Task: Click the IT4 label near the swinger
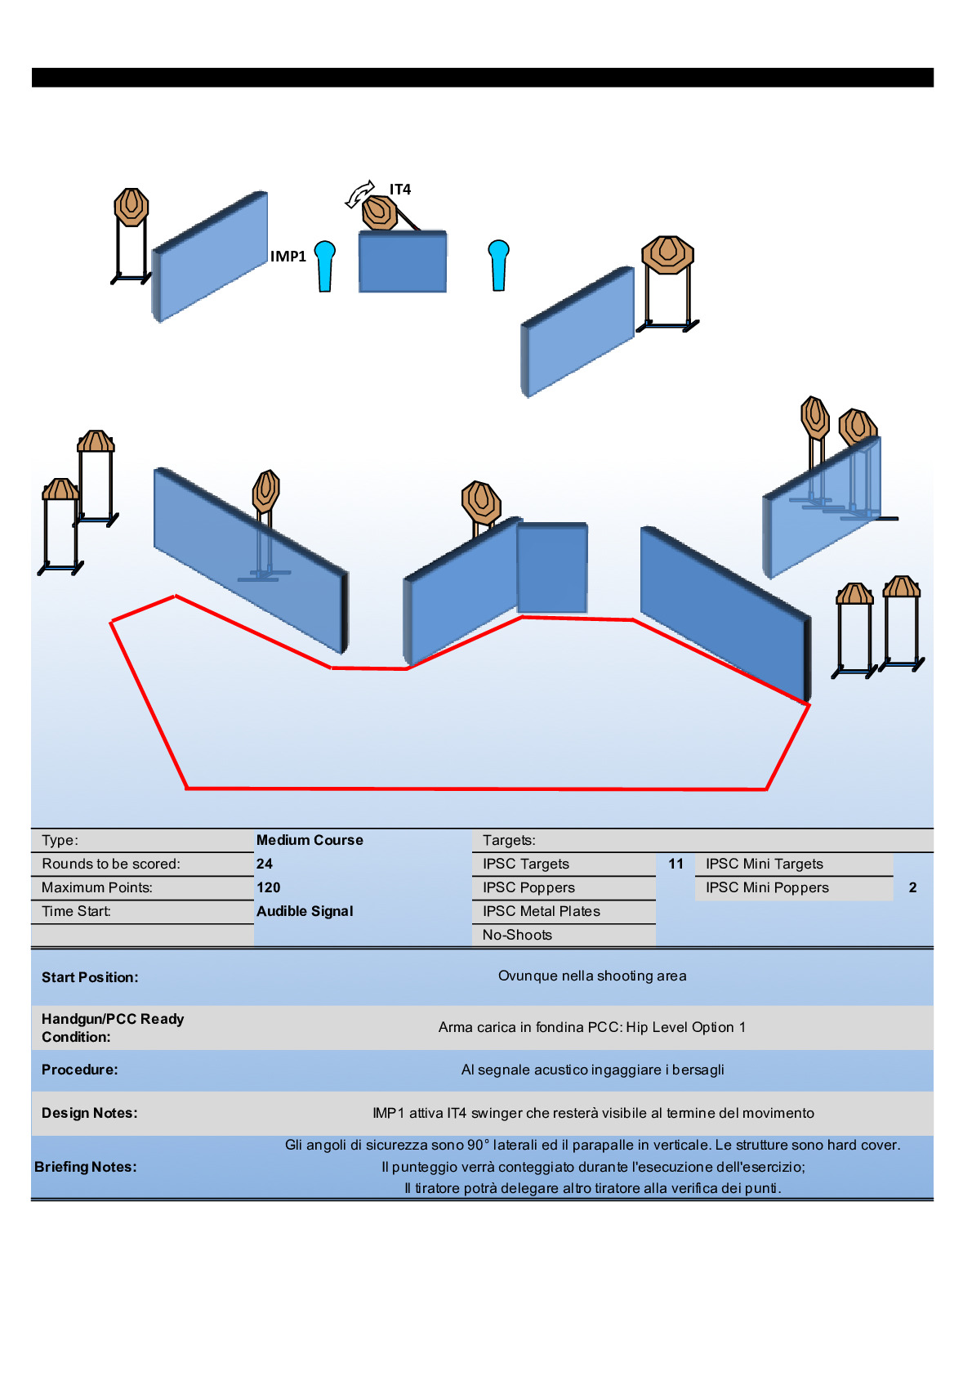[400, 190]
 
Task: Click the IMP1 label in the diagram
[288, 257]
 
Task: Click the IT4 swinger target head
[379, 212]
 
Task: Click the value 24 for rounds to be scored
[265, 864]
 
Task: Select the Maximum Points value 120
[268, 887]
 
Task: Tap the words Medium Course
[310, 840]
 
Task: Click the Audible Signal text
[305, 911]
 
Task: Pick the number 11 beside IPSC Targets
[675, 864]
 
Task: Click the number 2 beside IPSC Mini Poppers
[912, 887]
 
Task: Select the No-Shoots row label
[517, 935]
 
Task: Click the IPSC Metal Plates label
[541, 911]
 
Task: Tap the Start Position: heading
[90, 977]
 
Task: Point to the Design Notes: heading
[89, 1113]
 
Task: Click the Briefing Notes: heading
[86, 1167]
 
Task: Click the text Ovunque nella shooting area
[592, 976]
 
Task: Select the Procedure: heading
[79, 1070]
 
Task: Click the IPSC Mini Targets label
[765, 864]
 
